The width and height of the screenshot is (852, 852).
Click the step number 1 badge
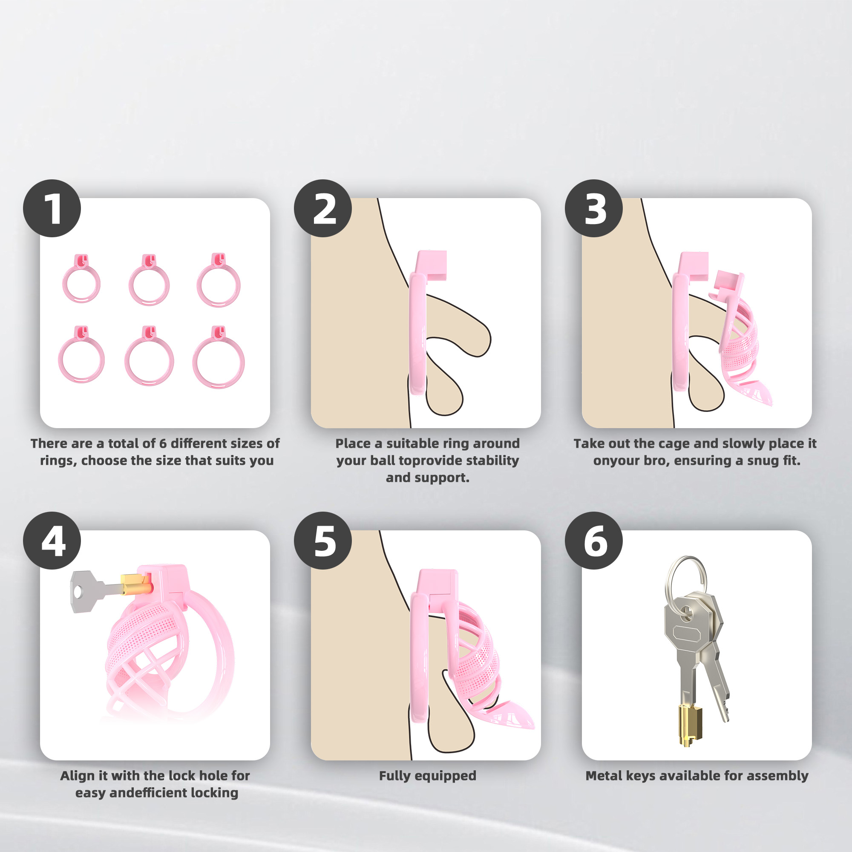click(x=52, y=208)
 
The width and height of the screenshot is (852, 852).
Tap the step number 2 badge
click(x=323, y=208)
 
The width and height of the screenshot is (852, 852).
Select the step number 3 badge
click(x=593, y=208)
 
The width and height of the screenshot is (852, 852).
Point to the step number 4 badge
click(x=52, y=540)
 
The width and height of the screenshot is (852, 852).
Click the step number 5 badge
click(x=323, y=540)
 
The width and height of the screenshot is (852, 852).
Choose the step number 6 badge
click(x=593, y=540)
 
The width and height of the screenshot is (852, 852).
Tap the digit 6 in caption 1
click(x=163, y=443)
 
